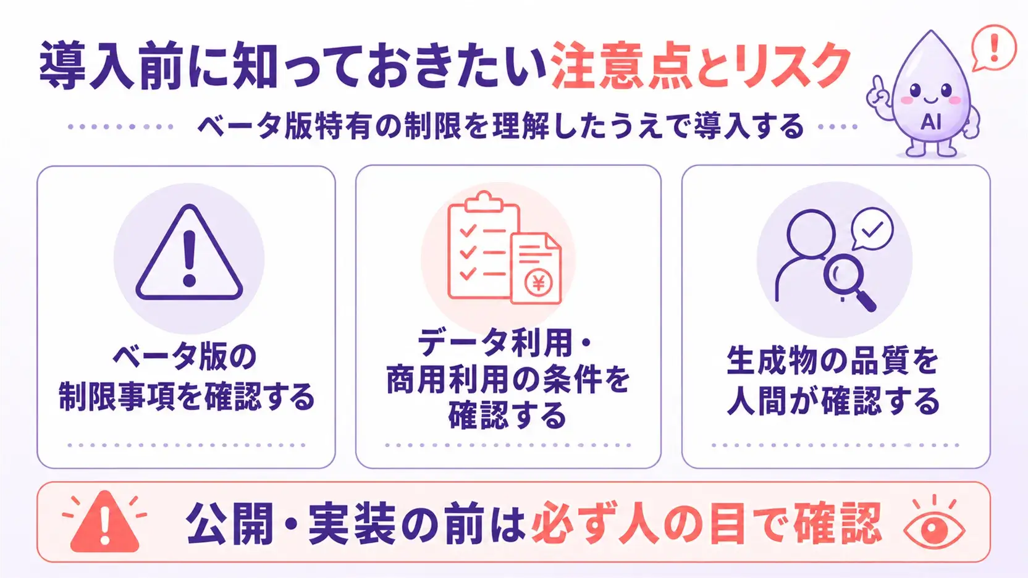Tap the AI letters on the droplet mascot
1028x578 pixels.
931,122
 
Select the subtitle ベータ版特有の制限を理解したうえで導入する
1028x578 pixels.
500,126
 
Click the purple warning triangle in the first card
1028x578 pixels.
189,253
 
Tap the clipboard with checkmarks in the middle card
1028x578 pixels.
482,245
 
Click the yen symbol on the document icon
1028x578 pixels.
538,283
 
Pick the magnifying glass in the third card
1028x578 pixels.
849,283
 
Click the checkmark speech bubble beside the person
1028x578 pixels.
872,229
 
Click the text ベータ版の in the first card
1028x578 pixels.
185,357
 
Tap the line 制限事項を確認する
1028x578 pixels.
187,396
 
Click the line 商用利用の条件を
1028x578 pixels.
508,380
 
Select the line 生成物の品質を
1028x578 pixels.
833,361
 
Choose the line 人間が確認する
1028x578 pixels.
833,400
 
